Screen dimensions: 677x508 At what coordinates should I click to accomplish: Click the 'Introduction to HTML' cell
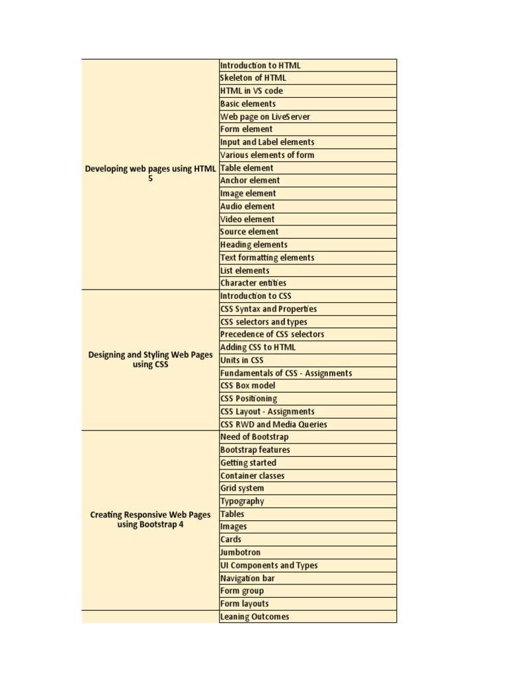click(x=260, y=65)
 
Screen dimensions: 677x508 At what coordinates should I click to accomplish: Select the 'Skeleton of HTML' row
click(x=253, y=78)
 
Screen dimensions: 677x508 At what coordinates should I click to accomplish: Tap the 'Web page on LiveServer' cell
click(x=265, y=117)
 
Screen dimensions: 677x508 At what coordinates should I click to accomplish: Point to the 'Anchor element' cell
click(x=250, y=180)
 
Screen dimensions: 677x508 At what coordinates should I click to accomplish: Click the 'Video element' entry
click(x=247, y=219)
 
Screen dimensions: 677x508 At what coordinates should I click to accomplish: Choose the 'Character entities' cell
click(x=253, y=283)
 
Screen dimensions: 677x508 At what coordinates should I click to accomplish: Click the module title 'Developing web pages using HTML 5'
click(x=151, y=174)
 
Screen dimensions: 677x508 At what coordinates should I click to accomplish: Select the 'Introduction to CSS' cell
click(x=255, y=296)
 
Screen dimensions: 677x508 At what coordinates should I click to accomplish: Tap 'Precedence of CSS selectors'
click(x=272, y=335)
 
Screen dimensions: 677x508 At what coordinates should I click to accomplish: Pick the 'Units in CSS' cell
click(x=241, y=360)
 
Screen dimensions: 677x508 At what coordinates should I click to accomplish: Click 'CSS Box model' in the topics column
click(x=247, y=385)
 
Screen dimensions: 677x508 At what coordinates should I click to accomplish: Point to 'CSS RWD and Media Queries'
click(x=273, y=424)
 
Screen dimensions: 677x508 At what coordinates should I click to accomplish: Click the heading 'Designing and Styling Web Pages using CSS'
click(x=151, y=360)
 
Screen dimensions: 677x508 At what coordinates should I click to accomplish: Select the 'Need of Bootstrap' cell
click(x=254, y=437)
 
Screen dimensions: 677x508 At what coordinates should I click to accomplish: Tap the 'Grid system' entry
click(x=242, y=489)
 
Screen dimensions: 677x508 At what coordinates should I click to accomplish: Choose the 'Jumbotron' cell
click(x=241, y=553)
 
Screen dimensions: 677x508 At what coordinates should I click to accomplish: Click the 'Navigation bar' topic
click(x=247, y=578)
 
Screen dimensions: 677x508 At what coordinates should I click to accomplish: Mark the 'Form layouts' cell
click(x=245, y=604)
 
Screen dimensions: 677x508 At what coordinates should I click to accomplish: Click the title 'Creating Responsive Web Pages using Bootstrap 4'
click(x=151, y=520)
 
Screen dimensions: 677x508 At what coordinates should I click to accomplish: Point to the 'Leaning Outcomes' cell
click(x=255, y=617)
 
